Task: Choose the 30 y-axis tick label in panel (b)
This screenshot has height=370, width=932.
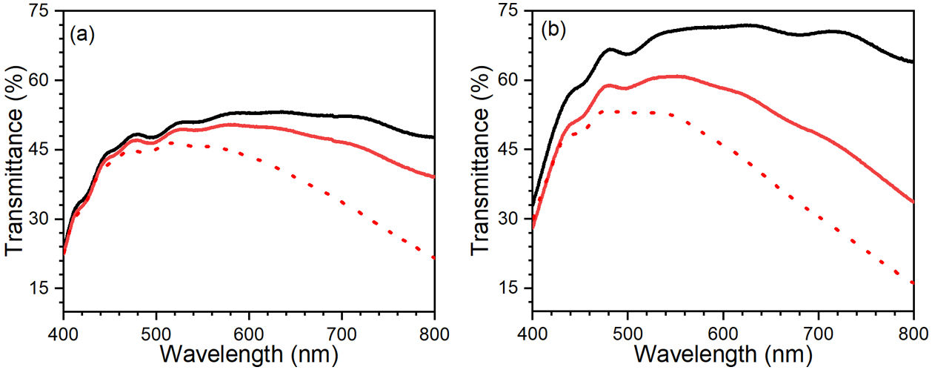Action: tap(514, 219)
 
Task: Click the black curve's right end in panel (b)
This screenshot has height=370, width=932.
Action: tap(913, 62)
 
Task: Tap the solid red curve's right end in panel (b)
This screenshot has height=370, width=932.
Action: tap(913, 202)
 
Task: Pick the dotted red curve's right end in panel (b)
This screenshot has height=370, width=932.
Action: tap(913, 283)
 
